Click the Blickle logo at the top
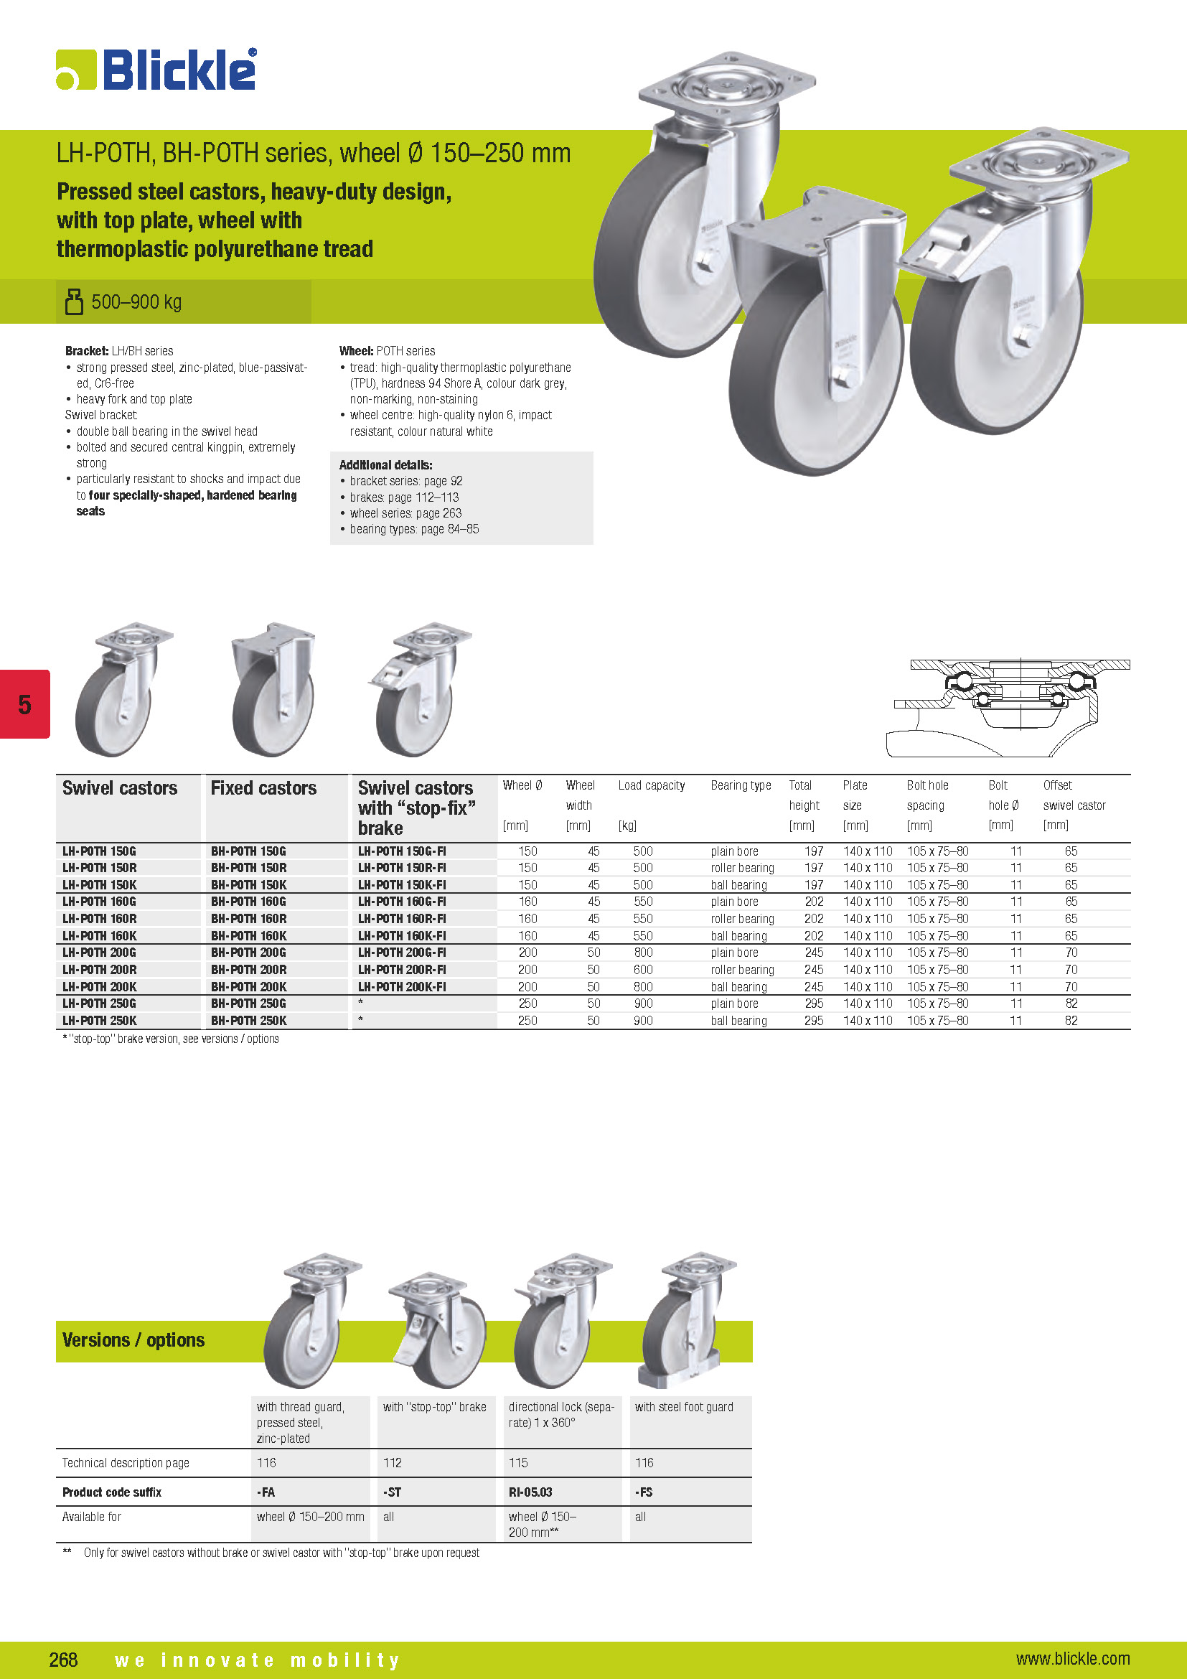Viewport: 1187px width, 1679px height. [x=156, y=70]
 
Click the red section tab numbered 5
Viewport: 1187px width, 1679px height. [x=25, y=704]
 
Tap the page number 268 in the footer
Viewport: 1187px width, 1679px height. [x=64, y=1659]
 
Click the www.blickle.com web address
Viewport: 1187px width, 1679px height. [x=1072, y=1658]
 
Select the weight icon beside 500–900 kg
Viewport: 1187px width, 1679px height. [x=74, y=301]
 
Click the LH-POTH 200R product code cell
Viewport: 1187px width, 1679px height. [x=100, y=970]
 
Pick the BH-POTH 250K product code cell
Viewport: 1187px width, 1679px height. [x=248, y=1021]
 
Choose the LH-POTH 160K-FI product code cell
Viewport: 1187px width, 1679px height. [x=401, y=936]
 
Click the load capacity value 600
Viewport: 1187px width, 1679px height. [x=643, y=970]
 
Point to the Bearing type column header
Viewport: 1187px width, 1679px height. [x=741, y=785]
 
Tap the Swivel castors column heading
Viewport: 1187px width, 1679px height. [x=120, y=788]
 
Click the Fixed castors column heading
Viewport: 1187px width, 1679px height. [x=263, y=788]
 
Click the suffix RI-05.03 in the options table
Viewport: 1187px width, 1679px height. [x=530, y=1492]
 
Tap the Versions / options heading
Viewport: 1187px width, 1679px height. [x=133, y=1340]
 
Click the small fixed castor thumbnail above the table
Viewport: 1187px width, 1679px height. [x=273, y=689]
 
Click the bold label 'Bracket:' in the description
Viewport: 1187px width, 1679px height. [x=86, y=351]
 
